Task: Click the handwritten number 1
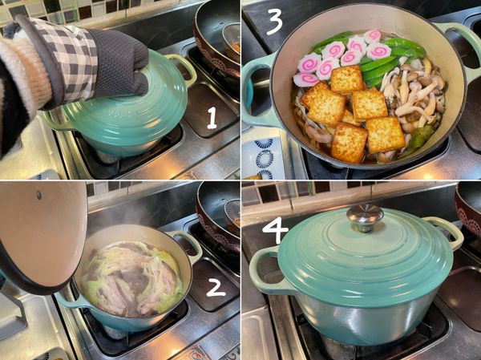click(212, 118)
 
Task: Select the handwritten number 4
click(275, 230)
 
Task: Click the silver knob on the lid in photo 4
click(365, 217)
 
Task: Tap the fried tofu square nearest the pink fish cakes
click(346, 79)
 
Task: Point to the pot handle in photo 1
click(184, 69)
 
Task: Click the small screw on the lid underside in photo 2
click(39, 195)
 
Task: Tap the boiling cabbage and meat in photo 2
click(132, 279)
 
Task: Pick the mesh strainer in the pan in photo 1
click(231, 38)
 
